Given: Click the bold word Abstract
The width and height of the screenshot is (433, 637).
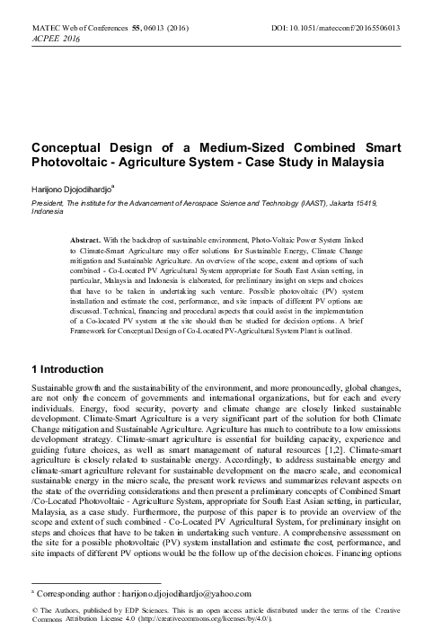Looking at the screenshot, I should coord(89,240).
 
